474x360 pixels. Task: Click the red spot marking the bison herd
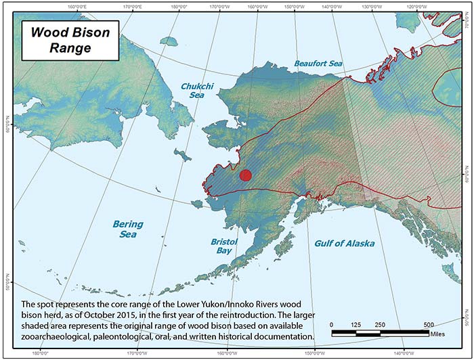pyautogui.click(x=246, y=175)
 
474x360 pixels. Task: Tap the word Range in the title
pyautogui.click(x=68, y=49)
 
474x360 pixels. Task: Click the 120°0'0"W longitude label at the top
pyautogui.click(x=410, y=6)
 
